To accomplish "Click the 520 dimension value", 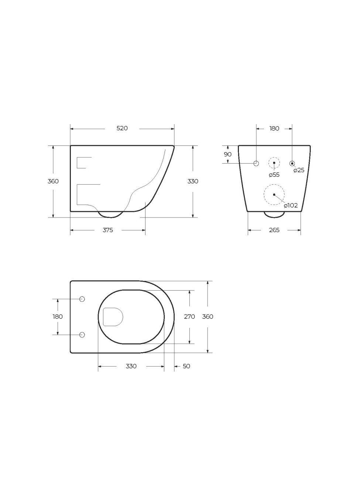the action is [x=122, y=128].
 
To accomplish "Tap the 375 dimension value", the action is [x=108, y=230].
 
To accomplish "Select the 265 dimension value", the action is [x=274, y=230].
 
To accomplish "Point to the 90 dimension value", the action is [x=227, y=154].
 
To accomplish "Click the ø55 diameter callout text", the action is [x=274, y=175].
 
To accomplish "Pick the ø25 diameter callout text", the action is [x=299, y=170].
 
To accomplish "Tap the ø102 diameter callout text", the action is [x=291, y=206].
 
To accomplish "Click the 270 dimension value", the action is [x=189, y=317].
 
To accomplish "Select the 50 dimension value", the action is [x=186, y=366].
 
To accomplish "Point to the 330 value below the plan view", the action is [x=131, y=366].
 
